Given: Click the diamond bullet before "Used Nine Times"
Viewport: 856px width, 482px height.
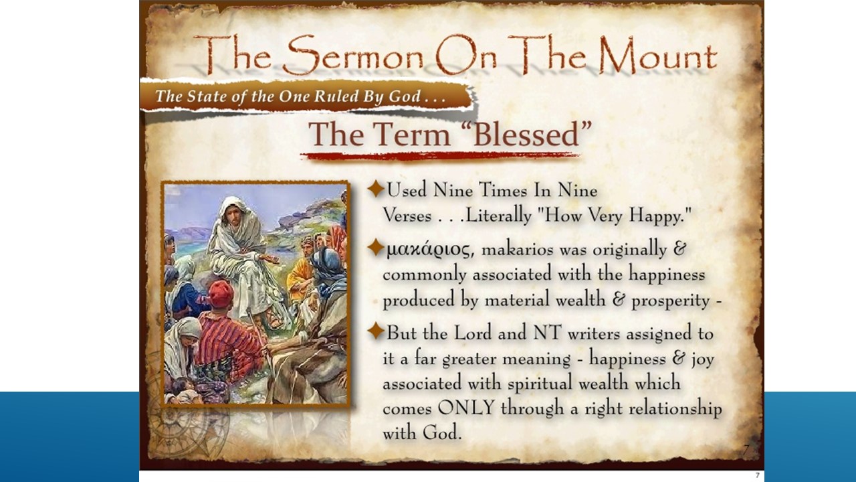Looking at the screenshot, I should (x=376, y=189).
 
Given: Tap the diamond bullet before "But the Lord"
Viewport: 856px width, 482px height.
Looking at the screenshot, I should (x=376, y=331).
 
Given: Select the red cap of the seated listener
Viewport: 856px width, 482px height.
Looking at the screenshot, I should (x=220, y=293).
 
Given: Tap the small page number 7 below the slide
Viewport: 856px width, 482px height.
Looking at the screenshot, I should (x=757, y=475).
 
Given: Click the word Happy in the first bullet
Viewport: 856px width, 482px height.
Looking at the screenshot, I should (x=665, y=216).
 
